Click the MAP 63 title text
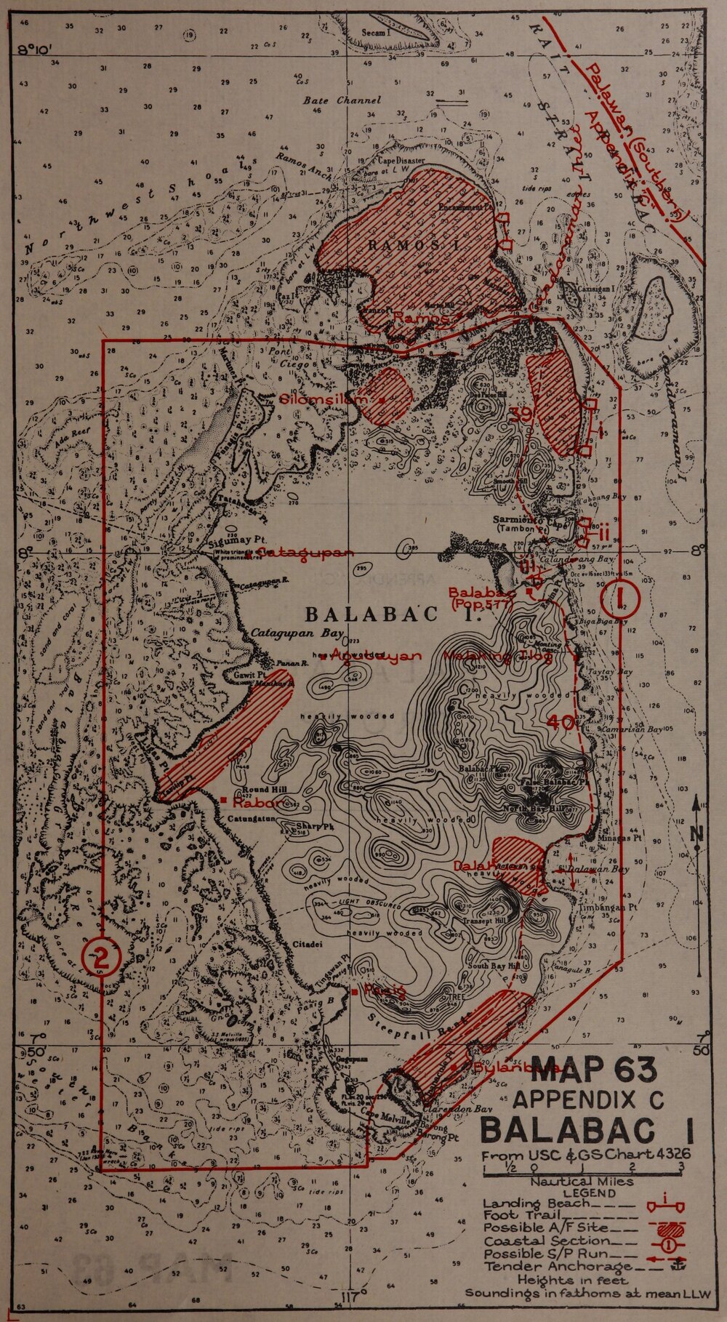[594, 1069]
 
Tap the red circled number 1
[621, 598]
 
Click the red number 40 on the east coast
[562, 721]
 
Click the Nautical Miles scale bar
[582, 1169]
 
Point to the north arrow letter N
[696, 835]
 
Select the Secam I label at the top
[377, 33]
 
